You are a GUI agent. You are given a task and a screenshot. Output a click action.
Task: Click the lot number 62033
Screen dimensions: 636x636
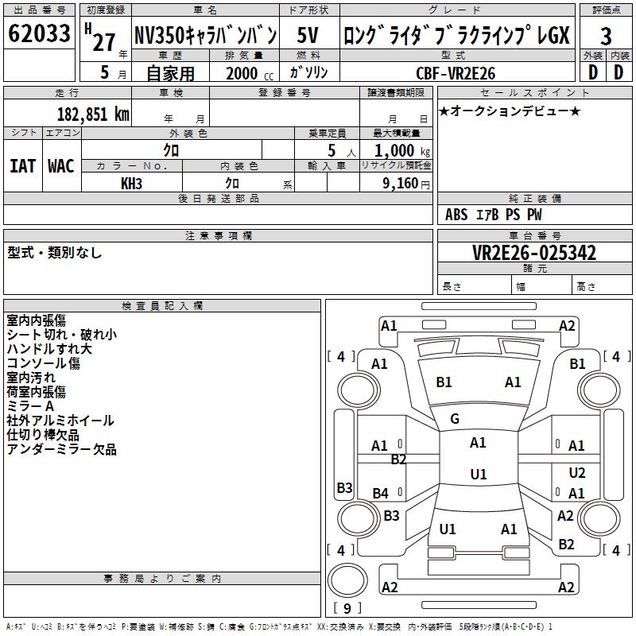click(39, 34)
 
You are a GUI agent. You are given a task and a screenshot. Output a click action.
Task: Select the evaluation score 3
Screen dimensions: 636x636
click(606, 37)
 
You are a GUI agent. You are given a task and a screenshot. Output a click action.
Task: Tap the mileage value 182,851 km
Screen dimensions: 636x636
click(94, 114)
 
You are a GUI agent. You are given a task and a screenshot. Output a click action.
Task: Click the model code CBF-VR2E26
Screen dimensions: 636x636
click(456, 73)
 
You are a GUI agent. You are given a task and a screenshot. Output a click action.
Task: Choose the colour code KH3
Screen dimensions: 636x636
click(132, 184)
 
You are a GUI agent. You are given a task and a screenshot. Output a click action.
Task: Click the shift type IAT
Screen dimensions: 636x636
click(22, 166)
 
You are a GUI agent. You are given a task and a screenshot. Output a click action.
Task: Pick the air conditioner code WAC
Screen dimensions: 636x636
click(60, 166)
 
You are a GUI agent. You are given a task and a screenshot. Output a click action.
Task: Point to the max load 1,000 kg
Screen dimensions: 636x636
click(404, 150)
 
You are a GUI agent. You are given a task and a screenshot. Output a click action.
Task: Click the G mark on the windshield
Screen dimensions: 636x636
click(455, 419)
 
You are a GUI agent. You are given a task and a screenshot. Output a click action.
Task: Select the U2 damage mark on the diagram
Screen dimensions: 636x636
click(577, 473)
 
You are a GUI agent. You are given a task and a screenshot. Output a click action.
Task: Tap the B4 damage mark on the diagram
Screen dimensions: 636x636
click(381, 494)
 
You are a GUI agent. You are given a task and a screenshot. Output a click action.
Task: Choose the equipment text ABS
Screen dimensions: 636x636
click(456, 215)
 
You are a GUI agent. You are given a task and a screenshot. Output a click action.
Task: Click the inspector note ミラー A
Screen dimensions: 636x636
click(31, 406)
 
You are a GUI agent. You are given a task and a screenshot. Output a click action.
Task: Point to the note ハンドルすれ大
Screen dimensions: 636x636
click(49, 349)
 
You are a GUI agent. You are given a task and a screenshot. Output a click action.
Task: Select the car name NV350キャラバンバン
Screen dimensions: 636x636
click(205, 35)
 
